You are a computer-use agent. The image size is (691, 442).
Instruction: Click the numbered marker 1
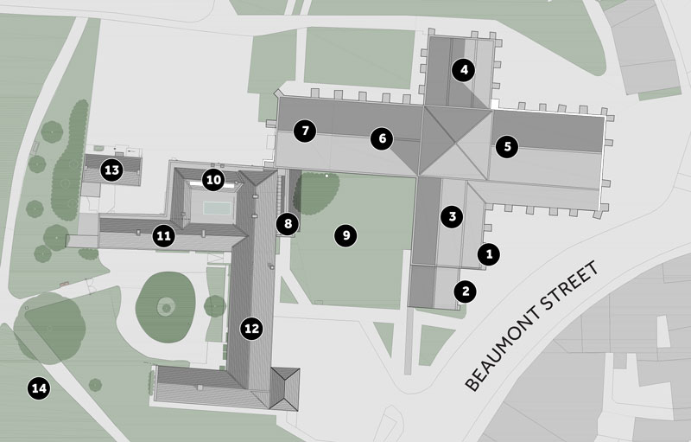[x=490, y=254]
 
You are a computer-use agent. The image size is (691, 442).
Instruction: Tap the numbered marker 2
[x=466, y=291]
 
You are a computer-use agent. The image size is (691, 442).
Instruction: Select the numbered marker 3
[x=451, y=216]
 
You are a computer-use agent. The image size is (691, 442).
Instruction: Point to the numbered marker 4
[x=464, y=71]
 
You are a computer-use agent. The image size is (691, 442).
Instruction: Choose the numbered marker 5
[x=507, y=146]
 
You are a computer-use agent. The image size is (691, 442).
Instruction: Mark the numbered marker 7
[x=304, y=131]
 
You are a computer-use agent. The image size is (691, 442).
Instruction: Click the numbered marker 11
[x=163, y=234]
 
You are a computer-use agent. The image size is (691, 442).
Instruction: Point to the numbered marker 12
[x=251, y=328]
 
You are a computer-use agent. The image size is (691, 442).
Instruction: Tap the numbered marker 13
[x=111, y=170]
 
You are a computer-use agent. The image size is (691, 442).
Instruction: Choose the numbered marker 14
[x=38, y=388]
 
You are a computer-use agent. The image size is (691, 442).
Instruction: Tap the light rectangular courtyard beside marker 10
[x=213, y=207]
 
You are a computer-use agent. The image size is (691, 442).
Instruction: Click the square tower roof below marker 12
[x=284, y=387]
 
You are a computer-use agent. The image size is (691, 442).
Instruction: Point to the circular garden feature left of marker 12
[x=165, y=305]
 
